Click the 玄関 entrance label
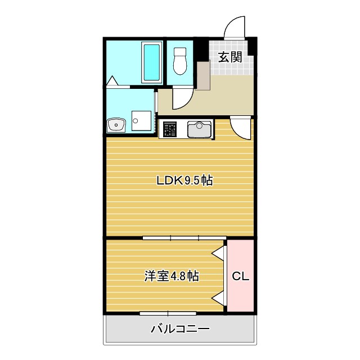tap(230, 56)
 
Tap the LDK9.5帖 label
tap(184, 181)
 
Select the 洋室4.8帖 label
tap(172, 276)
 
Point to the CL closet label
tap(241, 276)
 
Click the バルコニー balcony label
tap(180, 329)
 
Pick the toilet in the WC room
tap(180, 60)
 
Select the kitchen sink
tap(199, 129)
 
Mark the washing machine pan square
tap(142, 121)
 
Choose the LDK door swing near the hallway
tap(241, 128)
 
